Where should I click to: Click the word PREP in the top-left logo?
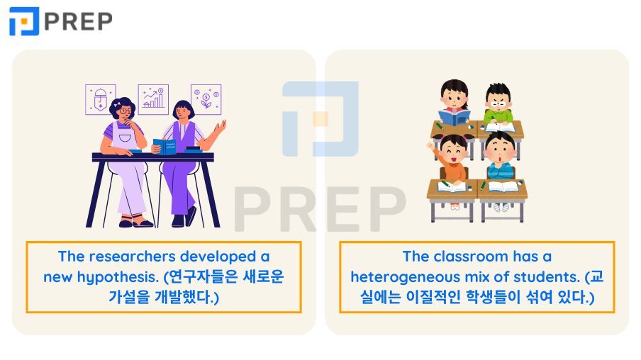point(78,21)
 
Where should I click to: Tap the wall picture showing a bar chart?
point(153,99)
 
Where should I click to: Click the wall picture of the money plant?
point(206,99)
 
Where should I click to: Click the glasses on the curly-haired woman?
point(125,111)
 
